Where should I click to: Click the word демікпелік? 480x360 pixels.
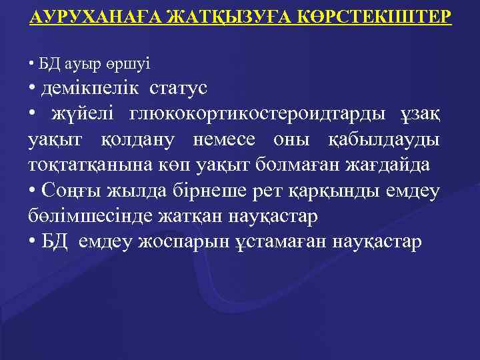coord(91,87)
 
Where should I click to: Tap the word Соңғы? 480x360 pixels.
coord(69,191)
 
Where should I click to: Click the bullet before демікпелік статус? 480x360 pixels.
coord(33,89)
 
